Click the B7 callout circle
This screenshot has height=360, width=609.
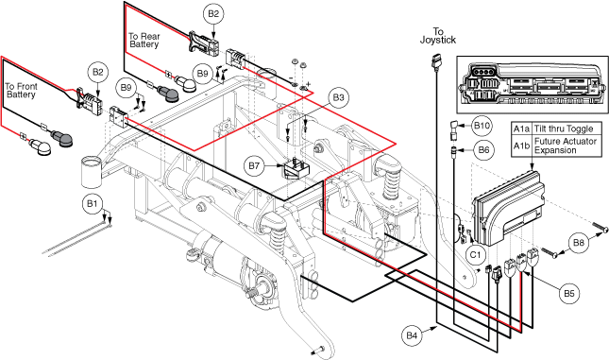[254, 166]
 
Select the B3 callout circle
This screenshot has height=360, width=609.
[338, 97]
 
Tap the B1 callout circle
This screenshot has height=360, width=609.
[93, 204]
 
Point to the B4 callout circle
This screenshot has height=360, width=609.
[412, 335]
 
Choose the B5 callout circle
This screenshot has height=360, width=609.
[569, 293]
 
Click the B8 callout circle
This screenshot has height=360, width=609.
[579, 243]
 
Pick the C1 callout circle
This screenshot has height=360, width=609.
[476, 254]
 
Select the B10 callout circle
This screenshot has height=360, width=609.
[482, 126]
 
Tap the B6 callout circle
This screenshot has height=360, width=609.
[483, 149]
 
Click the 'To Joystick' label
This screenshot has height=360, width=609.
[438, 35]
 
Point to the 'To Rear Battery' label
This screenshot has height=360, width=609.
[144, 41]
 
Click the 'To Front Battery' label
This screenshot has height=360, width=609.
[21, 90]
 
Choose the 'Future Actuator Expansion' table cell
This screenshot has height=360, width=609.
[566, 146]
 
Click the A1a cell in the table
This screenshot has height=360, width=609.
[521, 129]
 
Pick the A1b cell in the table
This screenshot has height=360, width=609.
[521, 146]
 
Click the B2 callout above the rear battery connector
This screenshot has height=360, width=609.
[213, 14]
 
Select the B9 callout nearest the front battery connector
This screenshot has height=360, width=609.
[127, 88]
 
